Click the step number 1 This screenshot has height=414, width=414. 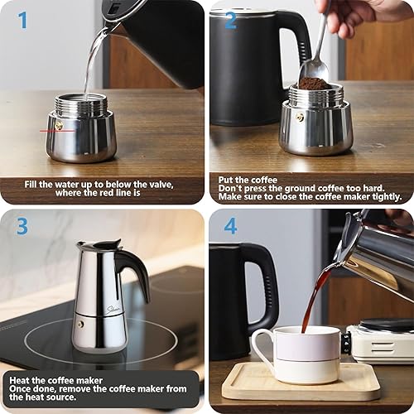click(22, 20)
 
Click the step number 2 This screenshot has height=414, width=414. click(229, 20)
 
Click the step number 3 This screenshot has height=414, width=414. click(22, 226)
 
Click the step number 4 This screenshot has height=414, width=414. click(229, 226)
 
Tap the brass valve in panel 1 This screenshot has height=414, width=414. click(58, 126)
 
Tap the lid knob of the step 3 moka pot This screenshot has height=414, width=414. click(99, 242)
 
